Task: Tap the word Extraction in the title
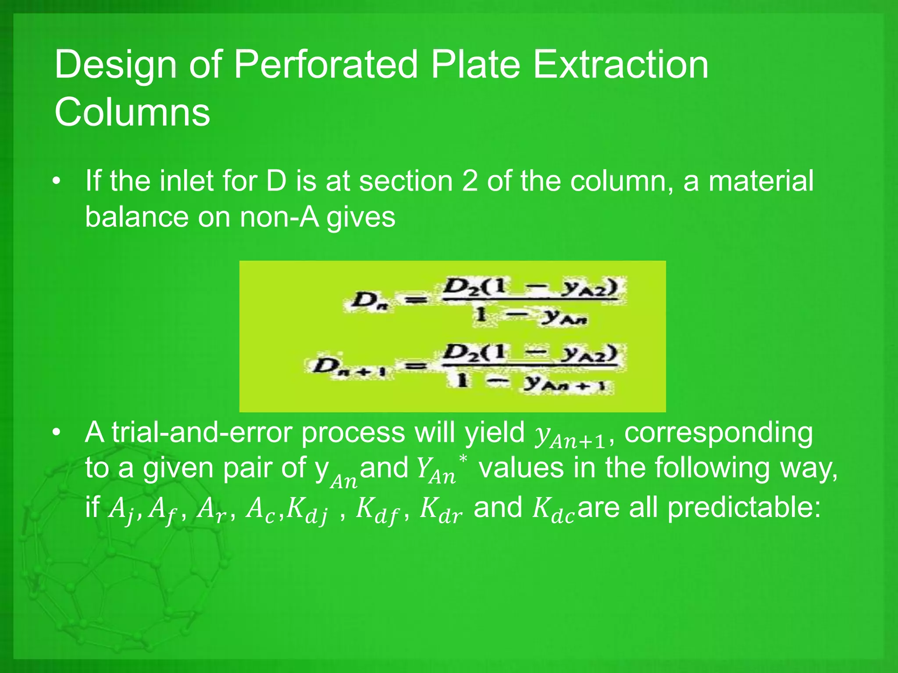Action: coord(621,65)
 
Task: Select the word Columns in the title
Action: coord(132,112)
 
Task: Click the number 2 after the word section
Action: coord(470,181)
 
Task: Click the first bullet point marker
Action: coord(56,182)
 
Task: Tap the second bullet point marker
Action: coord(56,433)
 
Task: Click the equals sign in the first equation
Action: coord(415,301)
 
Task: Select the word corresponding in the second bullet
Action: coord(718,433)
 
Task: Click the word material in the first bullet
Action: coord(761,181)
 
